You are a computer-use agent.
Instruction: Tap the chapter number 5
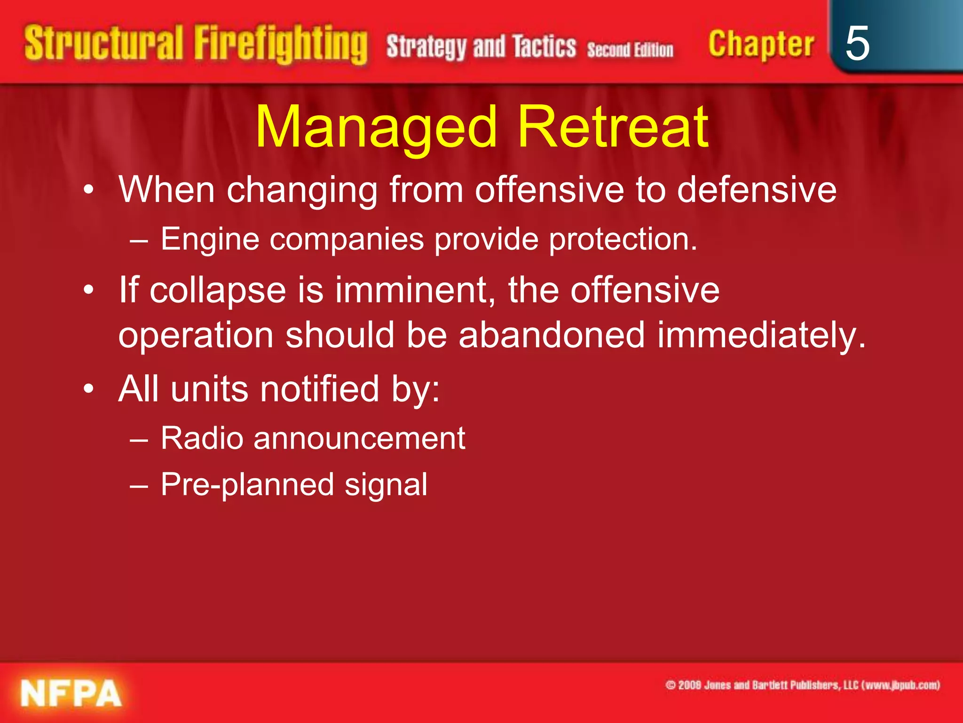click(x=857, y=43)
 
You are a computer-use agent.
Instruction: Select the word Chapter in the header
click(x=761, y=45)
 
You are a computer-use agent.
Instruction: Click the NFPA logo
click(x=71, y=693)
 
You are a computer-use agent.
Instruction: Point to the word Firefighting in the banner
click(x=280, y=45)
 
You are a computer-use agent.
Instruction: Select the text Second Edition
click(x=630, y=49)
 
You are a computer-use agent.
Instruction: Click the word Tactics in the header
click(x=544, y=47)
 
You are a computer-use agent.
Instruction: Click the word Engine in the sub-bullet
click(x=210, y=240)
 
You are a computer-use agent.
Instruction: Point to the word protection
click(x=623, y=240)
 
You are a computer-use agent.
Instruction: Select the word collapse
click(x=218, y=290)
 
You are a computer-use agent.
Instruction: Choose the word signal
click(x=386, y=484)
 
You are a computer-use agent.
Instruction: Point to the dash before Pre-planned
click(x=139, y=485)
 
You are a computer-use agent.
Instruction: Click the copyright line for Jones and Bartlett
click(x=802, y=685)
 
